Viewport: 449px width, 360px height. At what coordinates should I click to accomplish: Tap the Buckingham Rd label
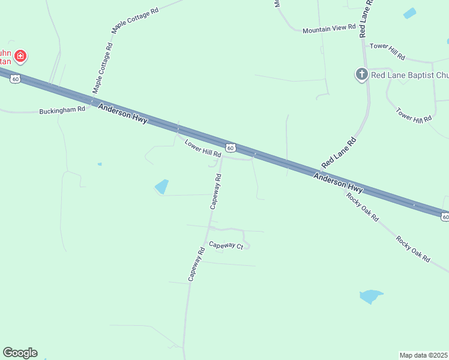tap(62, 111)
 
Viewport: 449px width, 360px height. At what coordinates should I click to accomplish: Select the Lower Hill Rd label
tap(203, 149)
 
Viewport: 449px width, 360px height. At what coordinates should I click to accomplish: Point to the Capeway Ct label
tap(226, 245)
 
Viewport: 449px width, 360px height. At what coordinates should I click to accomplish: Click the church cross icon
tap(361, 74)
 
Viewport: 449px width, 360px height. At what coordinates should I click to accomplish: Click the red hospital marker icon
tap(20, 56)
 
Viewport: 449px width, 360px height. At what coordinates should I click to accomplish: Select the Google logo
tap(20, 353)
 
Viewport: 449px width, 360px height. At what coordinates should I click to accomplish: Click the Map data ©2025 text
tap(424, 355)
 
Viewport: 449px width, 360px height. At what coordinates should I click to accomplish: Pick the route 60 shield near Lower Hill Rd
tap(231, 148)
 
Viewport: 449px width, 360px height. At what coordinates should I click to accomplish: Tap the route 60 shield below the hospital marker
tap(16, 79)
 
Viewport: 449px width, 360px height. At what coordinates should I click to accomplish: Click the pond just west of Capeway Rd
tap(161, 187)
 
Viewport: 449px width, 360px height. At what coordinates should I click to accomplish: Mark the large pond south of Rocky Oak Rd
tap(370, 296)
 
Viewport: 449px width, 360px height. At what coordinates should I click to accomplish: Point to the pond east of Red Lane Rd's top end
tap(410, 13)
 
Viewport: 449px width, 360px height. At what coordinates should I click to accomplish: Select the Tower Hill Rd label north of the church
tap(387, 51)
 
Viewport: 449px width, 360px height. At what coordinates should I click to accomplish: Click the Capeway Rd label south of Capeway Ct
tap(196, 264)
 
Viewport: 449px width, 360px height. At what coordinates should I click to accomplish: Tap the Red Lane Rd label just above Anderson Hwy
tap(339, 152)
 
